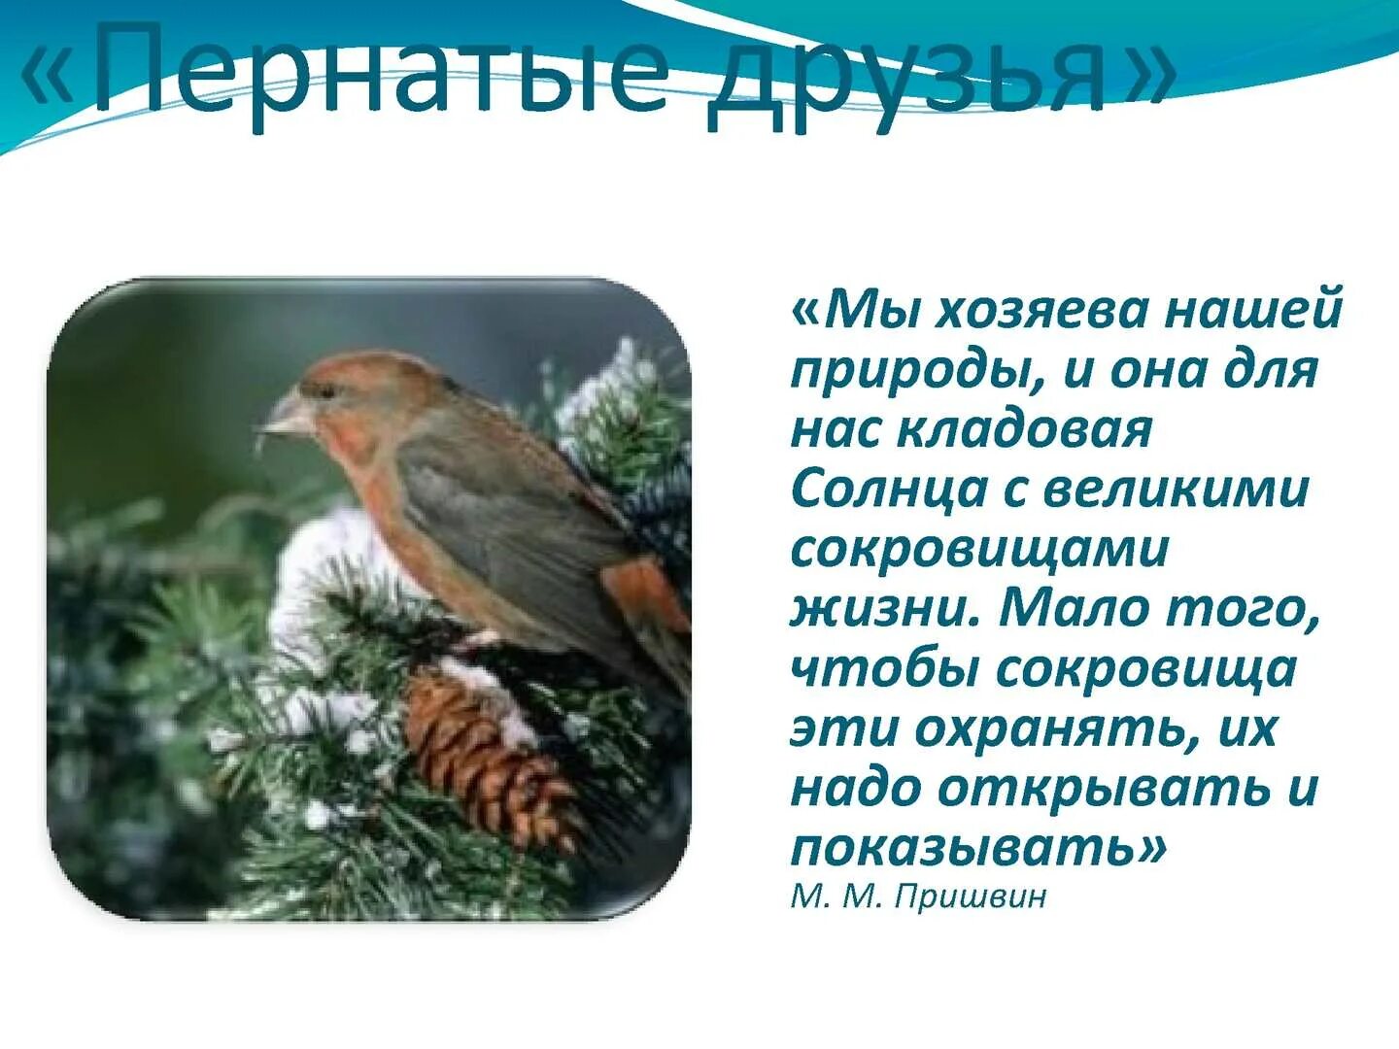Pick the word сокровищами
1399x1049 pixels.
pyautogui.click(x=979, y=549)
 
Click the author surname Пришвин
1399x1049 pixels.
pyautogui.click(x=971, y=896)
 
